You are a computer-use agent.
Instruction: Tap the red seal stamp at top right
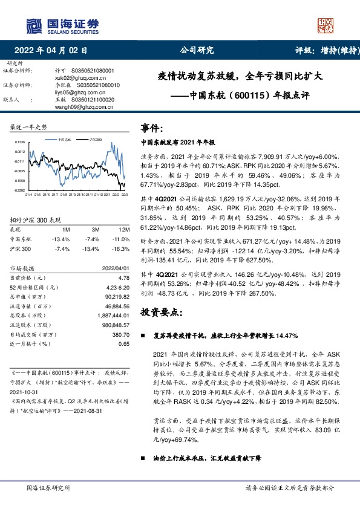[326, 25]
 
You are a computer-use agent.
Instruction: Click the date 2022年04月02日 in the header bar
[54, 51]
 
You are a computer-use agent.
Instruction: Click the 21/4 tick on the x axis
[28, 194]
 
